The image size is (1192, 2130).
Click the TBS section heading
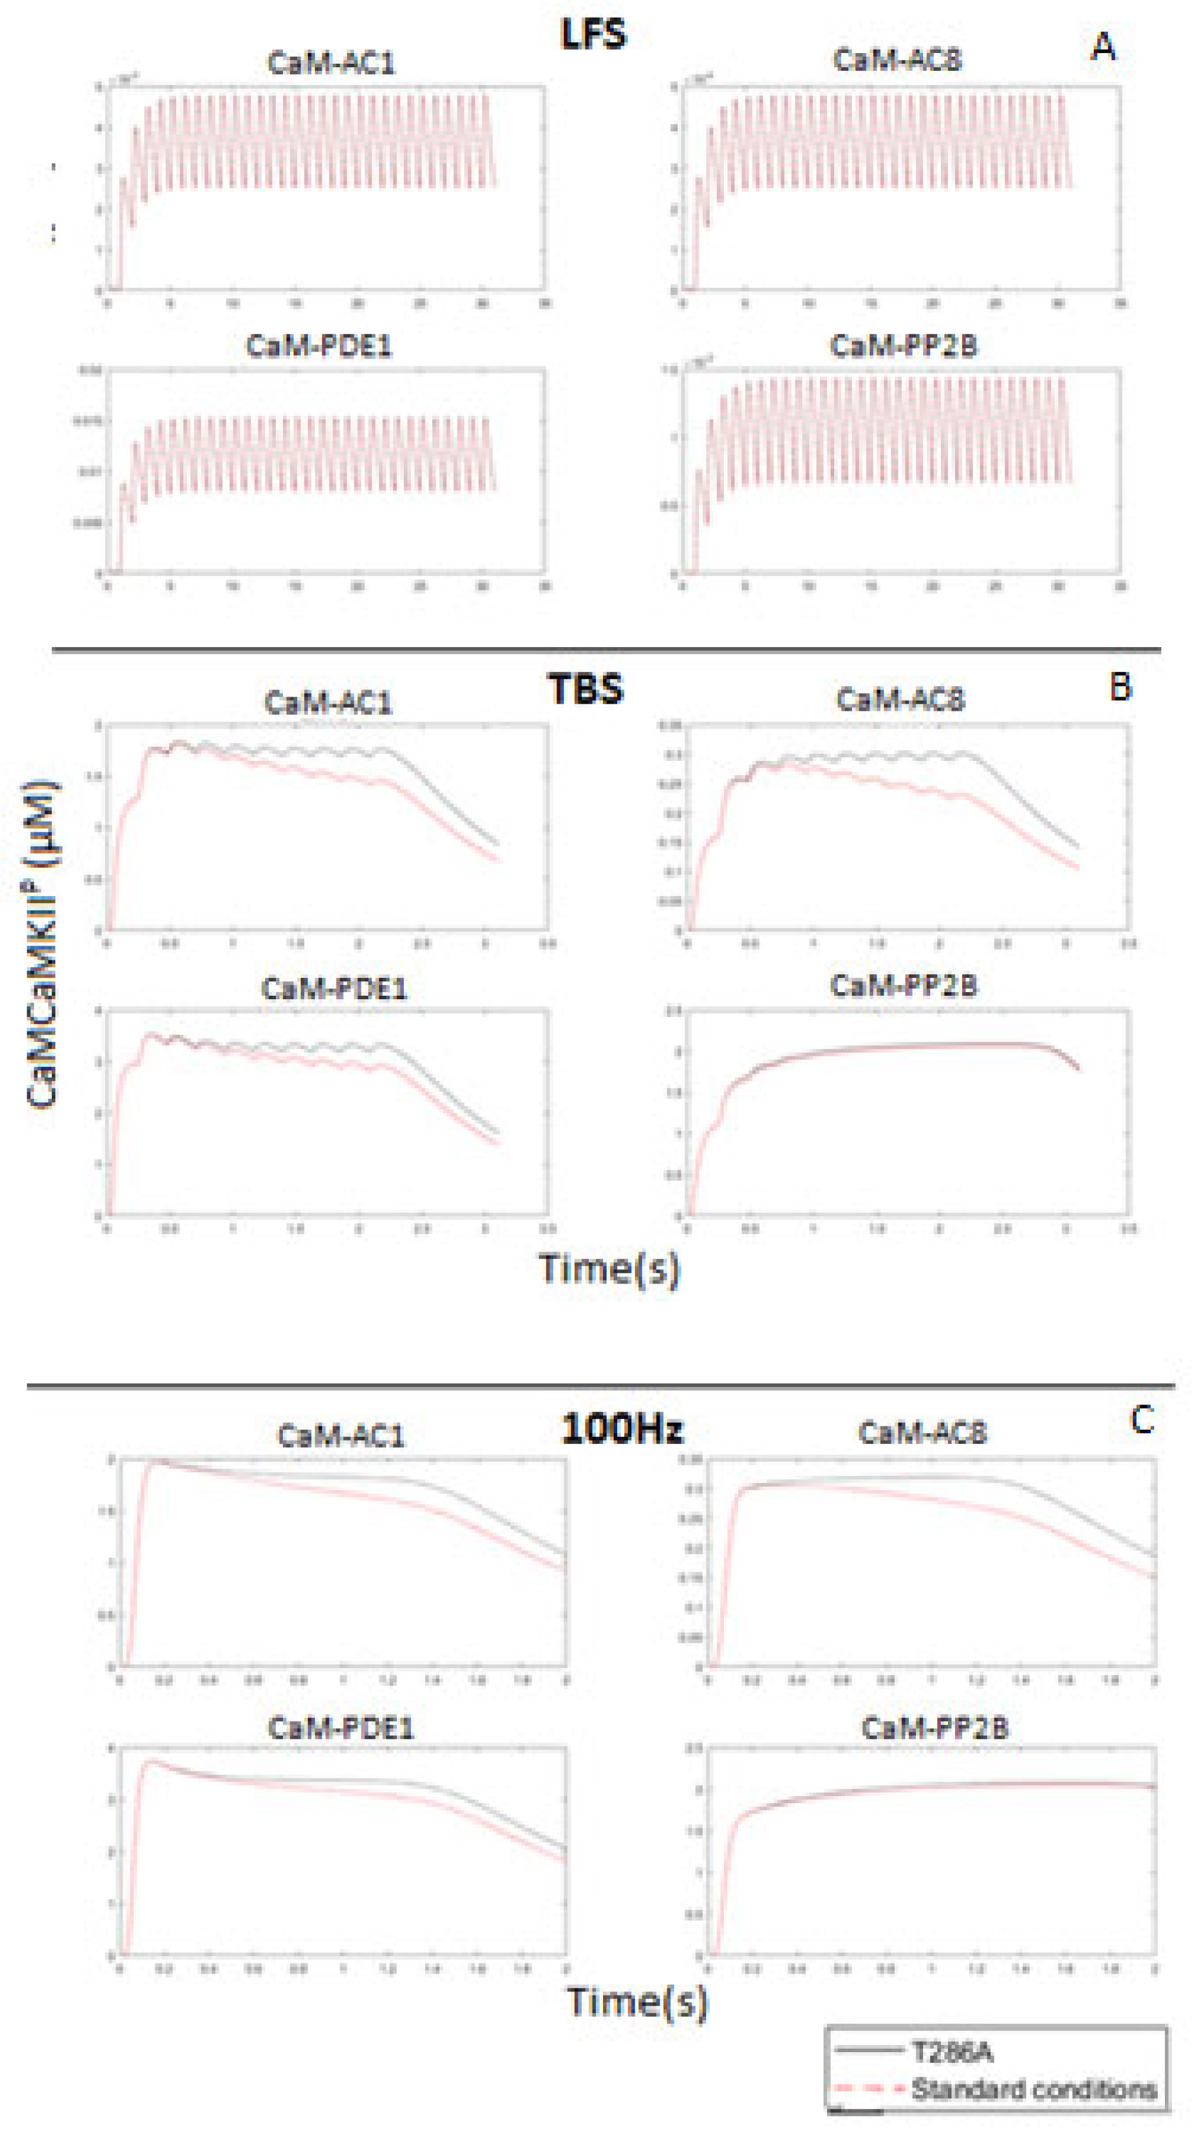point(585,689)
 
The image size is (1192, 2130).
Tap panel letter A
point(1103,47)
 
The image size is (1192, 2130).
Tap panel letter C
point(1141,1420)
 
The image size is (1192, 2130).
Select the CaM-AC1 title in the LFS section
point(331,63)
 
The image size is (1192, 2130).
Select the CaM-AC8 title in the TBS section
point(900,700)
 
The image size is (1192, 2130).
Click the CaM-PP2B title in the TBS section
point(904,986)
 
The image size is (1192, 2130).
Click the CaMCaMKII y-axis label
point(42,943)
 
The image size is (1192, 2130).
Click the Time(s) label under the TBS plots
point(609,1268)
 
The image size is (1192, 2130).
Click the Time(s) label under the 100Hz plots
point(637,2001)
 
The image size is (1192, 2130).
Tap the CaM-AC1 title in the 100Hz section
point(341,1436)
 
